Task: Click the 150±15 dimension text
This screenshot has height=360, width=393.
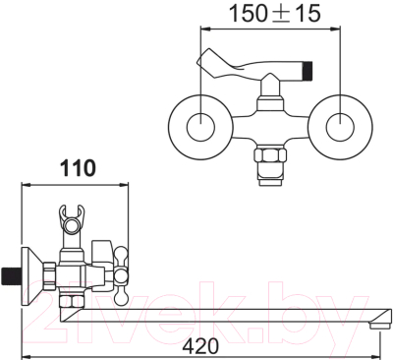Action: pos(274,14)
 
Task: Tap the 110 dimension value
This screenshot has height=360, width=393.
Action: pos(78,168)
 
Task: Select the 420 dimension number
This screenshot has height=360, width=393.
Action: pos(200,345)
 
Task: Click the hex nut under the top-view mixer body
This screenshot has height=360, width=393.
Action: pos(270,154)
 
